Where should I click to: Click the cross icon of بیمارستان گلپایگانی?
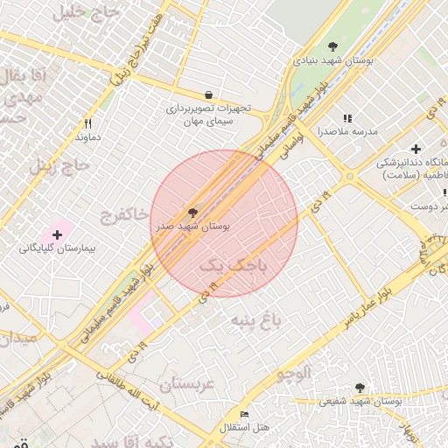coord(58,234)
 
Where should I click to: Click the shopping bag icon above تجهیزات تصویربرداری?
coord(208,94)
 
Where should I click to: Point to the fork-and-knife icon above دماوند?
coord(87,123)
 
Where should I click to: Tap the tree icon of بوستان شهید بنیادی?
coord(332,45)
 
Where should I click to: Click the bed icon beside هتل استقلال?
coord(244,414)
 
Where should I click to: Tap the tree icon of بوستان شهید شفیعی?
coord(360,387)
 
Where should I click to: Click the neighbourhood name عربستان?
coord(187,383)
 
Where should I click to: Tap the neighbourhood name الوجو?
coord(294,374)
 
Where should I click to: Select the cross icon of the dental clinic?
coord(416,149)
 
